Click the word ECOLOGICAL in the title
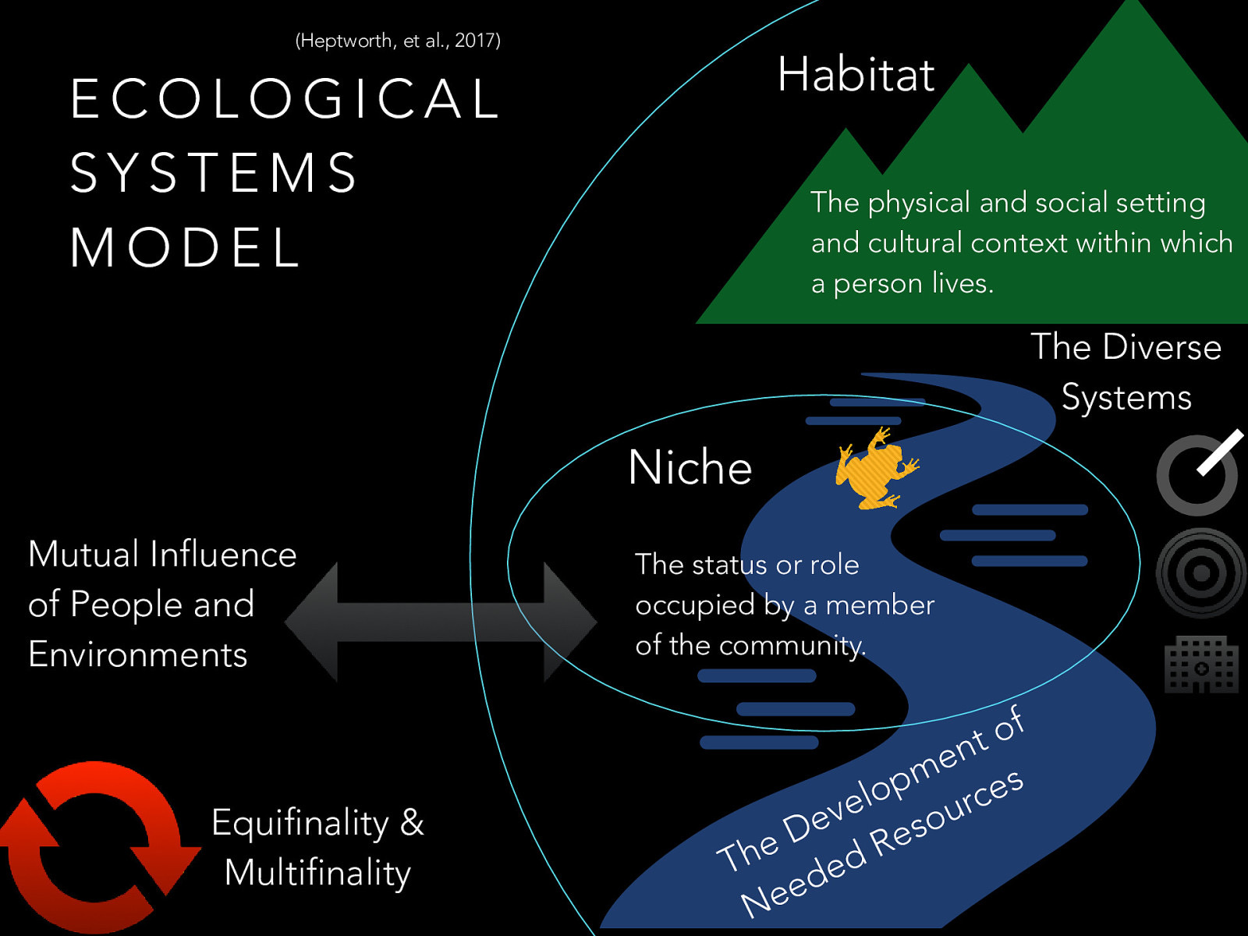[285, 99]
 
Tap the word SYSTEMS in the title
[214, 173]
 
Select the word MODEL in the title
[185, 248]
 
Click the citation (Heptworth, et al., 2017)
[398, 41]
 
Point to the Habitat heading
[856, 75]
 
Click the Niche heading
[690, 468]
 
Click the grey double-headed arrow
[441, 622]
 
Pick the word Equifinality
[300, 824]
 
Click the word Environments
[138, 654]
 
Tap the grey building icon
[1201, 665]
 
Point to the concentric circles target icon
[1201, 573]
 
